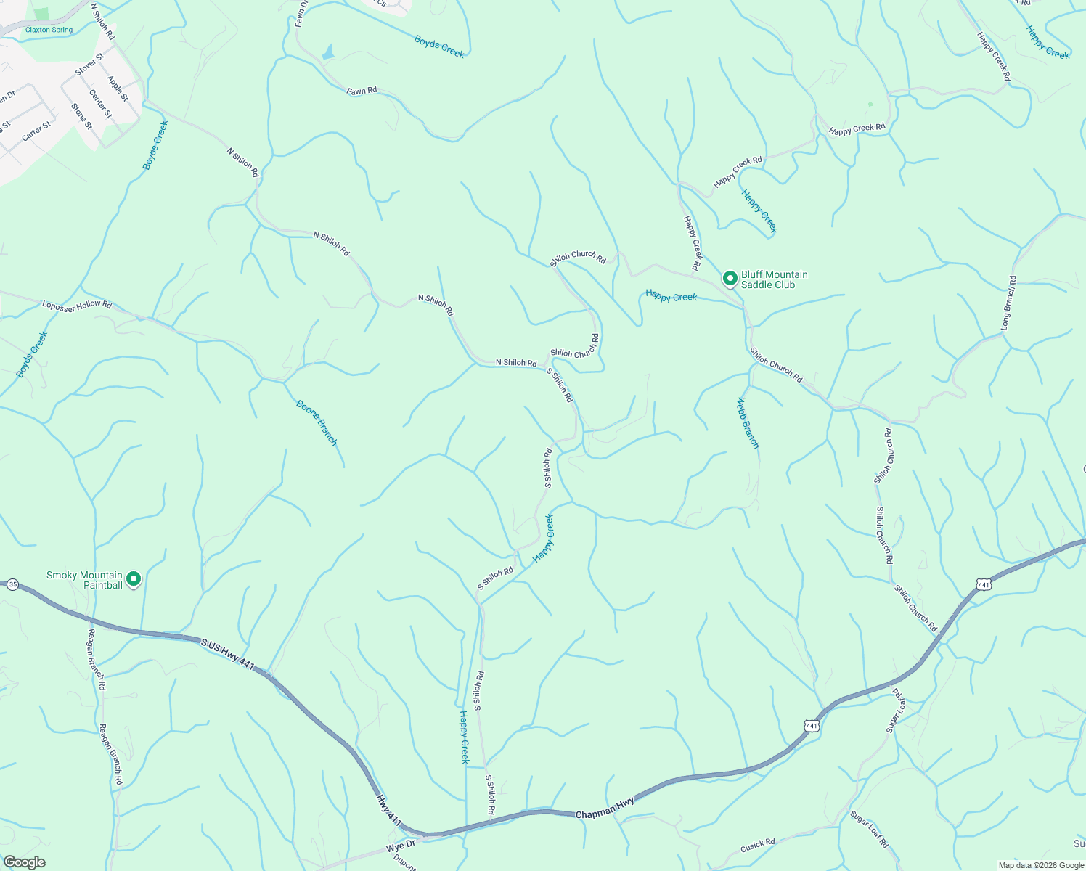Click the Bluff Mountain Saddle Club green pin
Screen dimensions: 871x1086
click(730, 279)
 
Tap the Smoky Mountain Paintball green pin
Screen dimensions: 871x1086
click(134, 579)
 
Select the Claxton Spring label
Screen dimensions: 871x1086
click(49, 30)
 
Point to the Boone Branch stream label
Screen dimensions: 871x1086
click(317, 422)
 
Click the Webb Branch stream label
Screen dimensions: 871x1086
click(748, 422)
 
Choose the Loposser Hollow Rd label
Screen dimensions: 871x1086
click(77, 305)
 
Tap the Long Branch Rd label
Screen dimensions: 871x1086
click(1008, 302)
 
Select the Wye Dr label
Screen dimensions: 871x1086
click(400, 846)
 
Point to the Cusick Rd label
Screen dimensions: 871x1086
click(758, 846)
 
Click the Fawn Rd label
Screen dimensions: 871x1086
click(362, 91)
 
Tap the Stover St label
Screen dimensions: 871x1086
click(90, 63)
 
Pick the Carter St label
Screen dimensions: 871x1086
click(36, 131)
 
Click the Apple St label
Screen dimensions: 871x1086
click(118, 89)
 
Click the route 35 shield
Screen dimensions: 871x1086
click(12, 584)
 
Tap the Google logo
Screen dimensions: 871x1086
click(23, 862)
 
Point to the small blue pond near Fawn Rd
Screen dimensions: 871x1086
click(328, 52)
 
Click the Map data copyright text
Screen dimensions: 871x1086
click(1040, 865)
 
